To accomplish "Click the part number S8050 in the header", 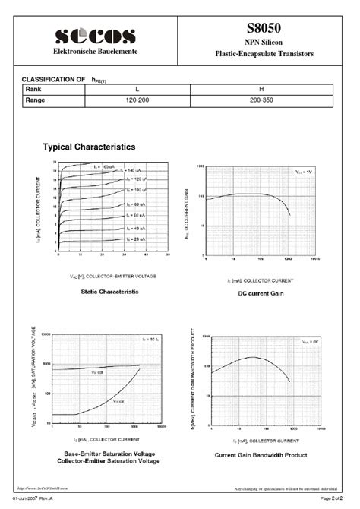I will [274, 28].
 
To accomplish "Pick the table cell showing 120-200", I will [137, 100].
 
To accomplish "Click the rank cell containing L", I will [137, 90].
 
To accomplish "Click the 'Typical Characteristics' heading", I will [90, 147].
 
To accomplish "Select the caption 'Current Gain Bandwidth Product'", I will [261, 454].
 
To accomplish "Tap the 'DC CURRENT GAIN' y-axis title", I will [187, 216].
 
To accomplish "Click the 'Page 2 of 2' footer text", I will [339, 498].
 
